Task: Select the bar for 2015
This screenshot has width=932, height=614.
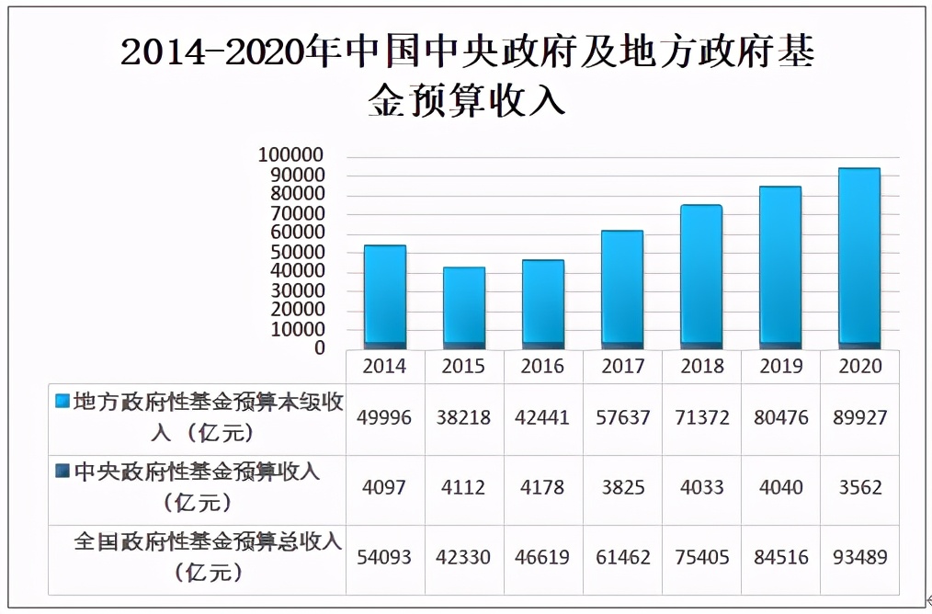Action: click(x=463, y=307)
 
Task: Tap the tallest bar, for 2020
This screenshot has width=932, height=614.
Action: click(x=858, y=257)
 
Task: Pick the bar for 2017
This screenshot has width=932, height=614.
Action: click(x=621, y=289)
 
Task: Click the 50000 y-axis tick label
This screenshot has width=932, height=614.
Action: click(x=296, y=252)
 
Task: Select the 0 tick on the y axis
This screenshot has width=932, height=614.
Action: click(x=319, y=348)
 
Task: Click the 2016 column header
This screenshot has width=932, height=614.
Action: click(x=542, y=366)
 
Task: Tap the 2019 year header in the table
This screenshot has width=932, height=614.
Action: click(x=779, y=366)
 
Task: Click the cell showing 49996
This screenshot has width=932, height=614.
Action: click(x=384, y=417)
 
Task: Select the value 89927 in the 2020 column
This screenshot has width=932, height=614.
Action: click(x=858, y=417)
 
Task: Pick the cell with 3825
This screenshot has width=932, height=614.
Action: click(x=621, y=487)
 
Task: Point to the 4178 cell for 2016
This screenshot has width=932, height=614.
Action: click(x=542, y=487)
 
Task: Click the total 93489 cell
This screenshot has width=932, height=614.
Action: click(x=858, y=557)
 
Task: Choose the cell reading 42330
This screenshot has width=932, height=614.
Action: click(x=463, y=557)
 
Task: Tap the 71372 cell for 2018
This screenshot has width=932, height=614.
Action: click(x=700, y=417)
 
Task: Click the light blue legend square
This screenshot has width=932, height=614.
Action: click(x=63, y=401)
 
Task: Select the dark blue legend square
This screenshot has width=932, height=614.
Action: click(x=63, y=471)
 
